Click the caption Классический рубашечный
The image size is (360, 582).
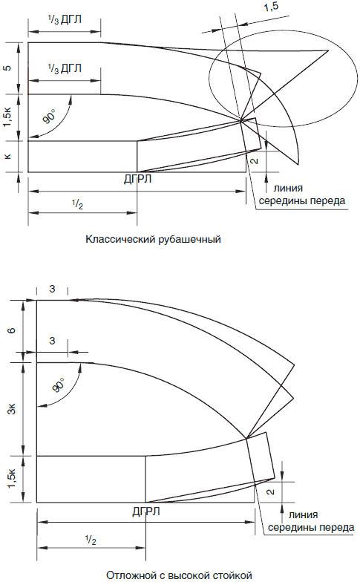click(x=153, y=239)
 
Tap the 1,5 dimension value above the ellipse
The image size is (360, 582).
click(x=271, y=7)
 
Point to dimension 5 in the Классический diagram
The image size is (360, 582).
click(x=7, y=68)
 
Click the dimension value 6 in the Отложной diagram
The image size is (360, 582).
click(x=12, y=329)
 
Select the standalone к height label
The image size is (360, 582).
click(x=8, y=156)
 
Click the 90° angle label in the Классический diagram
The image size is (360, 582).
click(x=49, y=116)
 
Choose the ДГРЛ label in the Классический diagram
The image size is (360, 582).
click(x=138, y=179)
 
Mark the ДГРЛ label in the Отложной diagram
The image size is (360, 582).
click(x=146, y=511)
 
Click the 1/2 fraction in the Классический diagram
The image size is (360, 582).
click(x=77, y=205)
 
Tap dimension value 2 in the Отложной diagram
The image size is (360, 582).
click(x=271, y=491)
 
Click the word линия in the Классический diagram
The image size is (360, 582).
click(x=288, y=188)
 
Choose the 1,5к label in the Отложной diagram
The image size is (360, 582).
click(x=12, y=478)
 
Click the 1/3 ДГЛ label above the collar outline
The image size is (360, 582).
click(x=65, y=20)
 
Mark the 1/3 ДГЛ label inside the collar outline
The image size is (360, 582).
click(x=65, y=68)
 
